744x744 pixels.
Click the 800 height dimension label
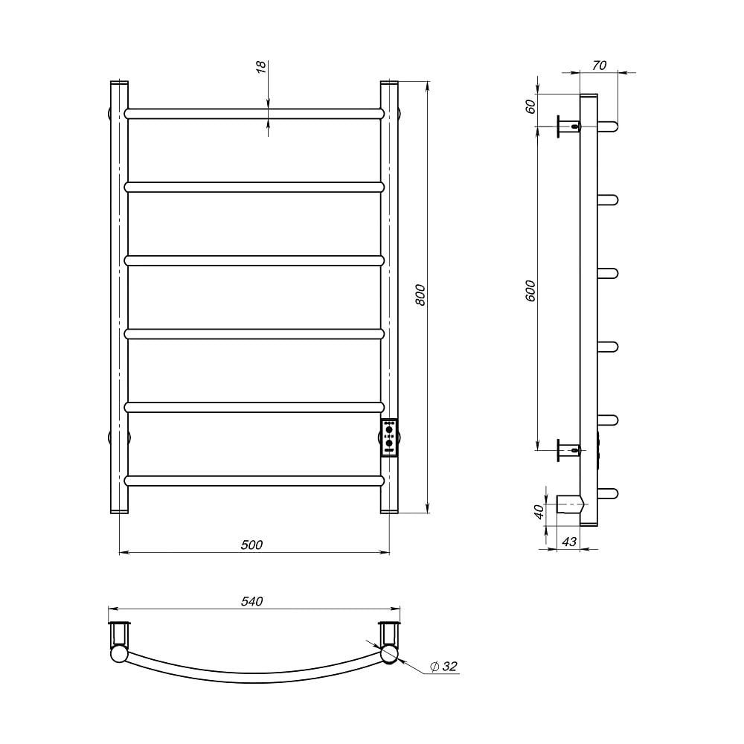tap(420, 295)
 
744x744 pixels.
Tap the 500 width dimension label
tap(251, 545)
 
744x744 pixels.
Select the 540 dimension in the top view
tap(251, 601)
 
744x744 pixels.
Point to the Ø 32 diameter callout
tap(443, 666)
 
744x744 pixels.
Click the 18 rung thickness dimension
tap(261, 68)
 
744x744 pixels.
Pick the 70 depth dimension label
tap(599, 65)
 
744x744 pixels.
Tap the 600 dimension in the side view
tap(530, 290)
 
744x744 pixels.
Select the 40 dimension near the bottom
tap(539, 512)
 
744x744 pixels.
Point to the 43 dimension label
tap(569, 542)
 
